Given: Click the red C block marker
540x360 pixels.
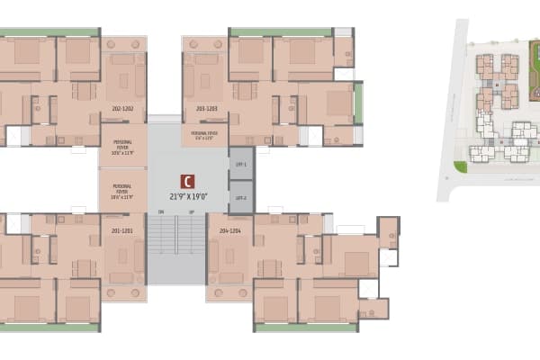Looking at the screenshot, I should coord(187,181).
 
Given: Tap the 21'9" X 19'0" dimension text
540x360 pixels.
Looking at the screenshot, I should coord(187,196).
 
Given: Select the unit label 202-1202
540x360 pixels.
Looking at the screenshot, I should coord(123,108).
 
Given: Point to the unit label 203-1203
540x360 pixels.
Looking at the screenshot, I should coord(207,108).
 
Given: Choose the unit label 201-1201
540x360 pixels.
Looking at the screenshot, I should coord(123,230).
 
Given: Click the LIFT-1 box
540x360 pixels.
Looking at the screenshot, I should coord(240,164).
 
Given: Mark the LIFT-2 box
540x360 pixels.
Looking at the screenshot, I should coord(240,197).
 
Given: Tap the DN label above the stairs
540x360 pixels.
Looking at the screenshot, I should coord(161,212).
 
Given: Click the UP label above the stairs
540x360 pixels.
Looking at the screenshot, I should coord(191,212).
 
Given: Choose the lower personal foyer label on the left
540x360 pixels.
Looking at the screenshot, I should coord(123,191).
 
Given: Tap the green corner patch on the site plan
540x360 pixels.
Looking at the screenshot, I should coord(461,167).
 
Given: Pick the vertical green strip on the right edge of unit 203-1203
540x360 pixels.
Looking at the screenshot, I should coord(358,102).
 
